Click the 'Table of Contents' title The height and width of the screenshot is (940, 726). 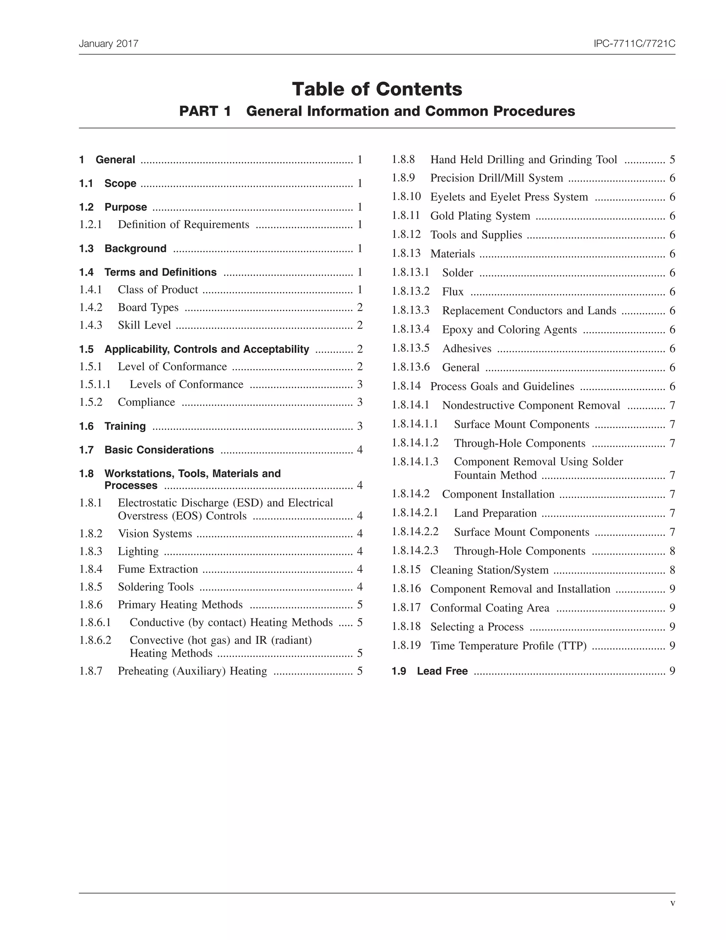[377, 89]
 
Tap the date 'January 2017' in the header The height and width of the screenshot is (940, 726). [108, 44]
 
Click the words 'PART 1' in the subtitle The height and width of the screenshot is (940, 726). [205, 111]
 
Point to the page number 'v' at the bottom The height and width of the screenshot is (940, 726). [672, 903]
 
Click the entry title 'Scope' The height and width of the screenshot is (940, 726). [120, 183]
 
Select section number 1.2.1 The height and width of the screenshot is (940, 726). [90, 224]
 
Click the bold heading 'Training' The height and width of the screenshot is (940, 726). [125, 426]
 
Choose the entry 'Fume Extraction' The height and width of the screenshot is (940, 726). [158, 569]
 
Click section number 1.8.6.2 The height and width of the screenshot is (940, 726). [95, 640]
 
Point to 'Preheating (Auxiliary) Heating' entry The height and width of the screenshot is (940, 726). [192, 671]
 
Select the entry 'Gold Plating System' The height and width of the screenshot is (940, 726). [480, 216]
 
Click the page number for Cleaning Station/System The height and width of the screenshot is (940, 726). [672, 570]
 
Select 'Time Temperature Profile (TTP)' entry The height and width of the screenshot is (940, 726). [508, 646]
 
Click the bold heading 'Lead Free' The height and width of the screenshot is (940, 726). [442, 671]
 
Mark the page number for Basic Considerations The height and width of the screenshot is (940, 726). [359, 450]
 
